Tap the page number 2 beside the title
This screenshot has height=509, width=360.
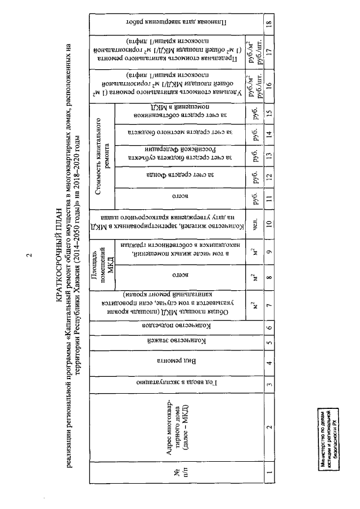point(29,254)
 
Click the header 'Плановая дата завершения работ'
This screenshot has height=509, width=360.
point(179,24)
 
